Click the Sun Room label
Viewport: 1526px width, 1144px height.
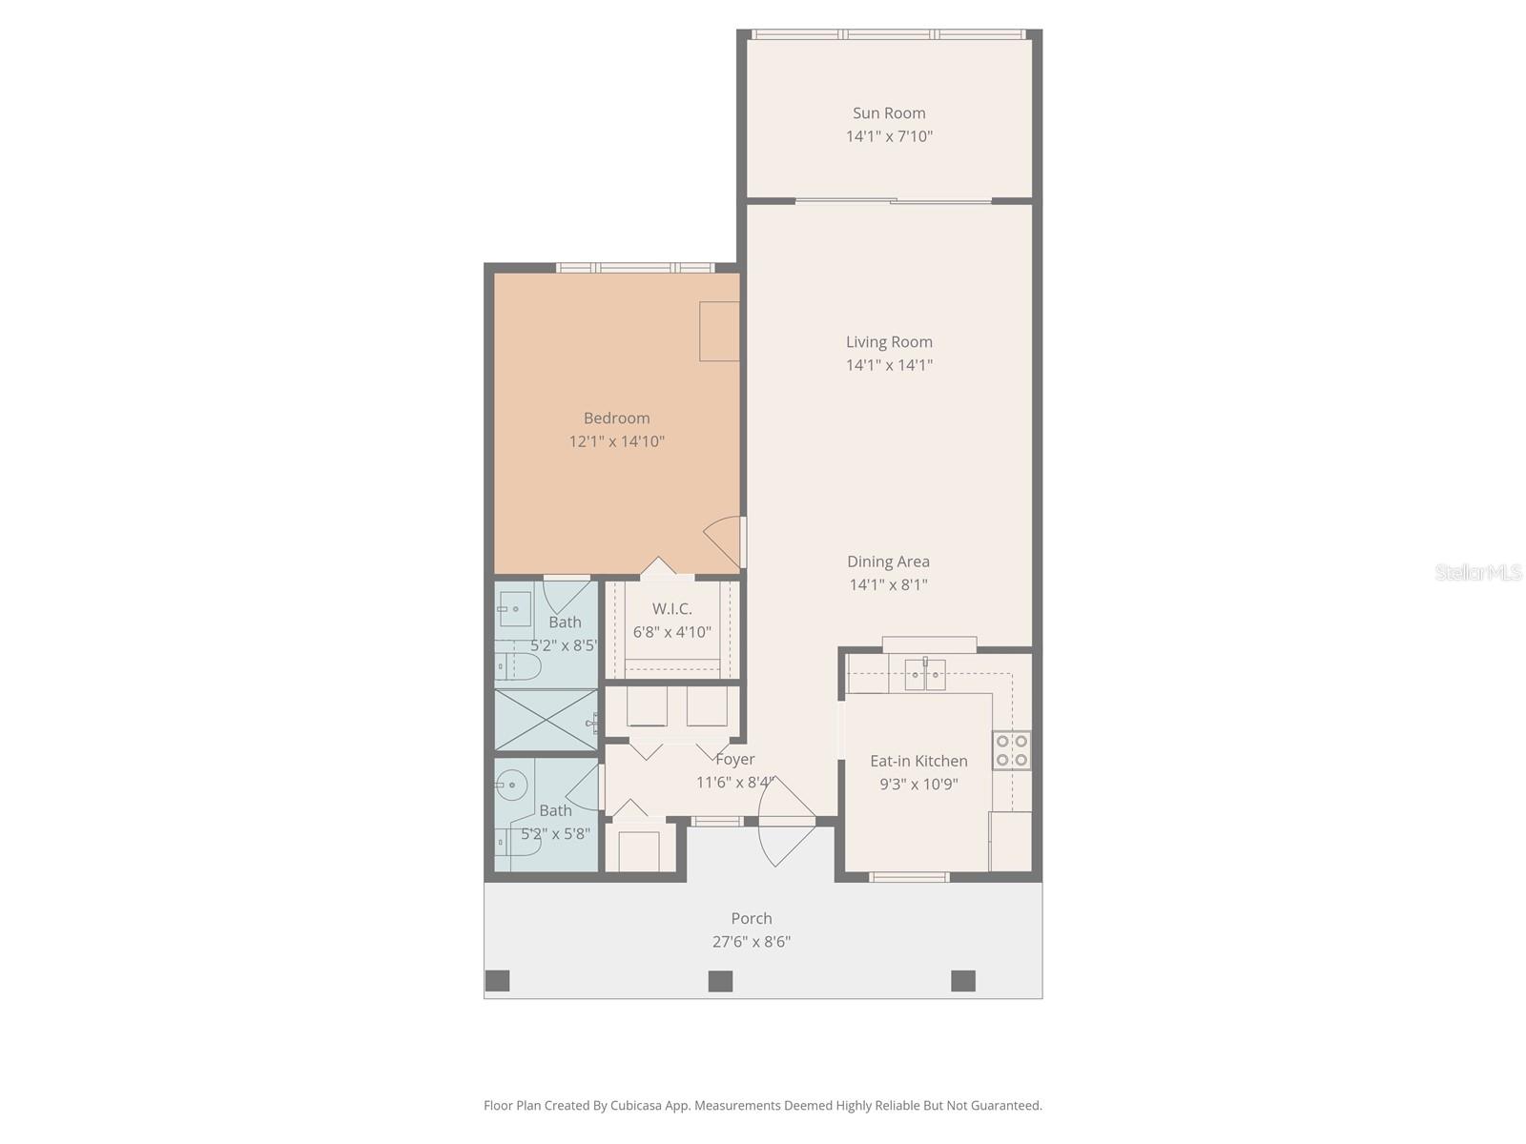coord(889,113)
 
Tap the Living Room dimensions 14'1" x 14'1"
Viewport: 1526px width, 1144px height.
coord(889,365)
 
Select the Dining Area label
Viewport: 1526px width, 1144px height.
coord(888,562)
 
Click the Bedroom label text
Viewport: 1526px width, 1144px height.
coord(616,418)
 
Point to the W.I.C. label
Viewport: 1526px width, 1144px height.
coord(671,608)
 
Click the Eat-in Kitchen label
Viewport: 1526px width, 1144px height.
coord(918,761)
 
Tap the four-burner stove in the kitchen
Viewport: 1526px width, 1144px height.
coord(1011,749)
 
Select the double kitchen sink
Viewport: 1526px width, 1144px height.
coord(924,675)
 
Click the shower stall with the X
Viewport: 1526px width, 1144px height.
coord(545,720)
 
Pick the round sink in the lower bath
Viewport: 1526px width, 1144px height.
coord(511,786)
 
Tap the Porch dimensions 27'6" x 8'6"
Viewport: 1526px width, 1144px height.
coord(752,942)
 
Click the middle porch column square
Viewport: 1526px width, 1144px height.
coord(720,981)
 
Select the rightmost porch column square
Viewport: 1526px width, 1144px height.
coord(963,981)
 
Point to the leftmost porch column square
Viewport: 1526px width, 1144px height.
coord(498,981)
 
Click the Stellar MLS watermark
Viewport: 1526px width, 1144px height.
coord(1477,572)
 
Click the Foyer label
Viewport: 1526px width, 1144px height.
coord(734,759)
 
